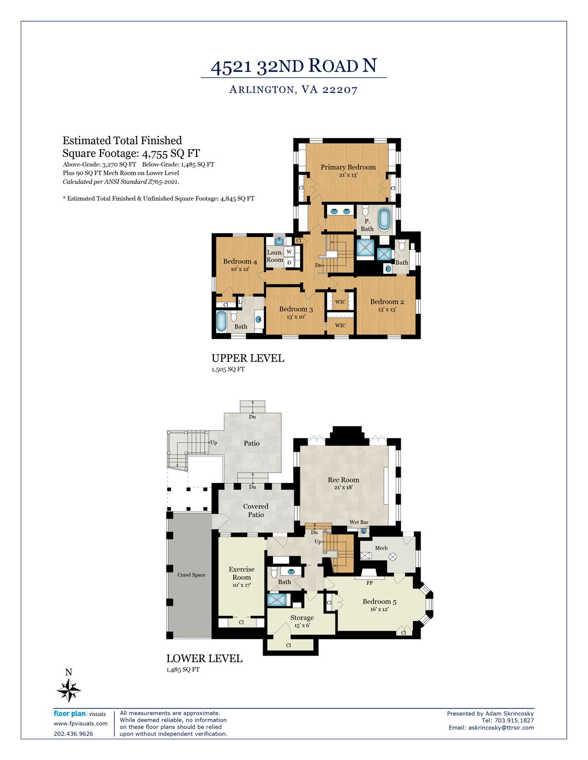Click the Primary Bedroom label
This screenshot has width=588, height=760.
(x=348, y=167)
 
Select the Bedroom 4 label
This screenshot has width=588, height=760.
(x=240, y=261)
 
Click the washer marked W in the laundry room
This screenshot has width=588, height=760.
(x=289, y=251)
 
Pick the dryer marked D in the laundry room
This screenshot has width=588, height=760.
(x=289, y=262)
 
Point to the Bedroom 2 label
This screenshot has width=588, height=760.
(x=387, y=301)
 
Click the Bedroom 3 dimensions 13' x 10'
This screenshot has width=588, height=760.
(x=296, y=317)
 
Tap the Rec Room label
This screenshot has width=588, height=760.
(x=343, y=480)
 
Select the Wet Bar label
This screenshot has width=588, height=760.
(x=359, y=522)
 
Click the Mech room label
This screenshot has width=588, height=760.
(x=381, y=548)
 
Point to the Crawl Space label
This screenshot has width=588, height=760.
(x=191, y=574)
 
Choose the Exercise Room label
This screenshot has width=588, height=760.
(x=242, y=573)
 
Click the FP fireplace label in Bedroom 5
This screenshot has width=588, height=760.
(x=369, y=583)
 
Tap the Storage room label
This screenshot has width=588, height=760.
(x=302, y=617)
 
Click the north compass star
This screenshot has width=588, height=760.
(x=69, y=690)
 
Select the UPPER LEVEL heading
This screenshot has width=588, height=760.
(x=248, y=358)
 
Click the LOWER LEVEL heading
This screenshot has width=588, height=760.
(x=205, y=659)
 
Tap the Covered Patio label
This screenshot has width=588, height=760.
(x=256, y=510)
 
